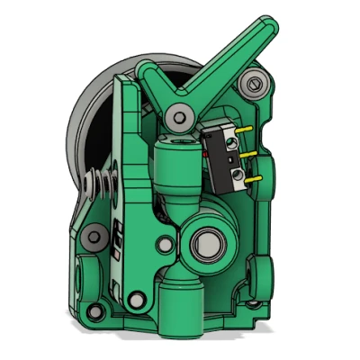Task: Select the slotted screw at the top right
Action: tap(255, 85)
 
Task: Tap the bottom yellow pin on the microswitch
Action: tap(254, 176)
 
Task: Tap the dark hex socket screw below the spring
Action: tap(94, 238)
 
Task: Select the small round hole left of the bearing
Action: tap(166, 243)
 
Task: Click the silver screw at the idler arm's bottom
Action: tap(137, 297)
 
